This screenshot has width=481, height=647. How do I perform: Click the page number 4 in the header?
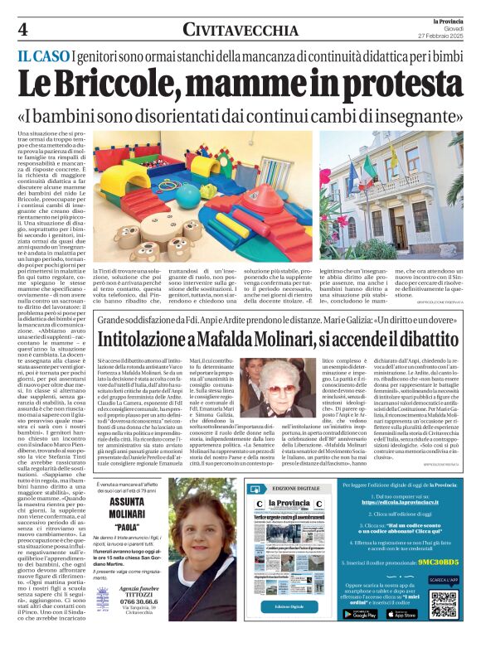click(x=22, y=29)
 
